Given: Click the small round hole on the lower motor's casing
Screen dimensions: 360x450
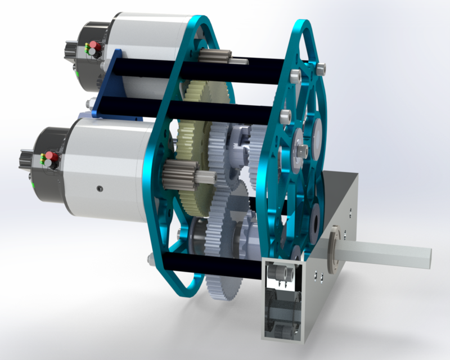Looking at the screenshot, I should pos(99,188).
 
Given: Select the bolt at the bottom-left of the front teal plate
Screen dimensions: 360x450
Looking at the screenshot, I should pos(151,259).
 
